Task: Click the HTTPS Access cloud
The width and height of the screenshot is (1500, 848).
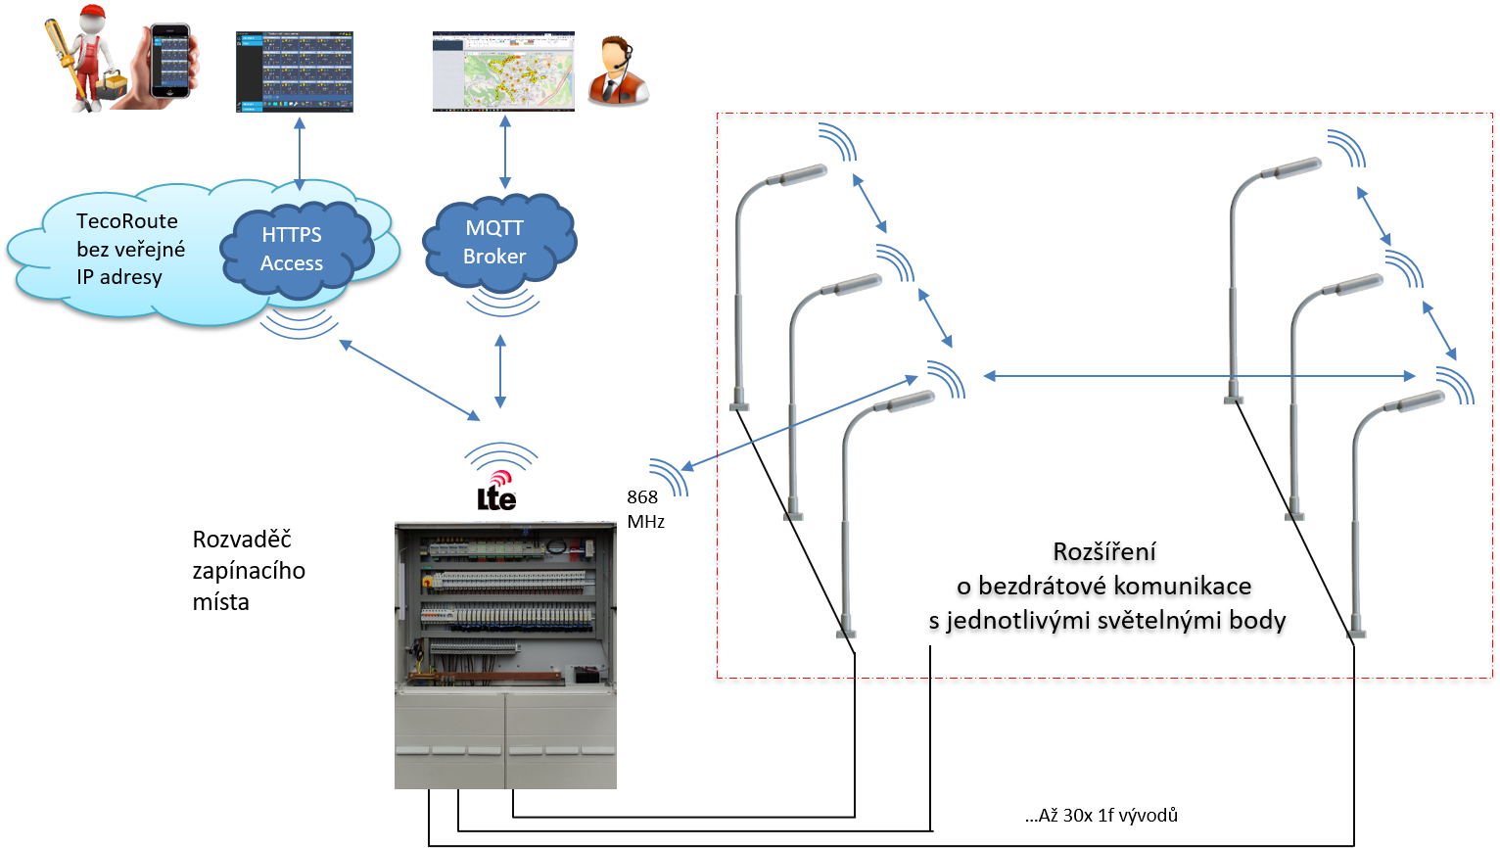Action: (x=293, y=249)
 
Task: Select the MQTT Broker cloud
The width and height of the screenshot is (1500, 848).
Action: (x=496, y=242)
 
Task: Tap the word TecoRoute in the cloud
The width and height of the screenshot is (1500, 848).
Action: (x=127, y=221)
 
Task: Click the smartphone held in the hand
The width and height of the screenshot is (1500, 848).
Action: (x=170, y=61)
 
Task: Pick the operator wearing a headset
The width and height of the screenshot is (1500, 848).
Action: (x=616, y=71)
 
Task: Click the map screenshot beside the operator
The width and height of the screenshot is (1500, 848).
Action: (x=503, y=71)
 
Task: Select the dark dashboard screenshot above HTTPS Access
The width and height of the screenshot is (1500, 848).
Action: (x=295, y=72)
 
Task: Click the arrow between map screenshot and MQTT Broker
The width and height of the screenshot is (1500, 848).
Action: (x=505, y=152)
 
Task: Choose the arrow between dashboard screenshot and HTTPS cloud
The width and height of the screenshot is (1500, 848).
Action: (x=299, y=152)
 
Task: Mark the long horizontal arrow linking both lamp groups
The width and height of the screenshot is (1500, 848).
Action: (x=1199, y=375)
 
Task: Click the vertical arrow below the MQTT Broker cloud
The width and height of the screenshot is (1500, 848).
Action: (x=500, y=372)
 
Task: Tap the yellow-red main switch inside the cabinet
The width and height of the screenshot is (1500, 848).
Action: (x=428, y=582)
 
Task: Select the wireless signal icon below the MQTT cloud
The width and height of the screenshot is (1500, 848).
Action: (x=502, y=303)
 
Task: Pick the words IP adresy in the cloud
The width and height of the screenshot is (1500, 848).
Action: (x=119, y=277)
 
